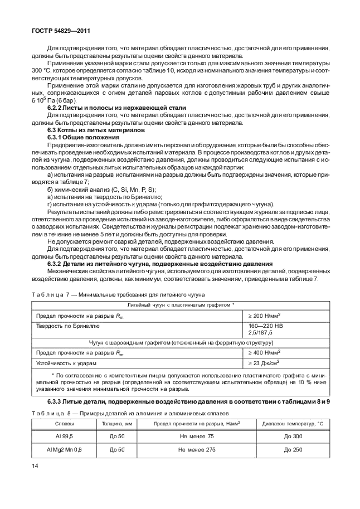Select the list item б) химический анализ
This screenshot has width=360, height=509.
(94, 190)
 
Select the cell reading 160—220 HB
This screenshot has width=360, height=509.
(265, 324)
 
